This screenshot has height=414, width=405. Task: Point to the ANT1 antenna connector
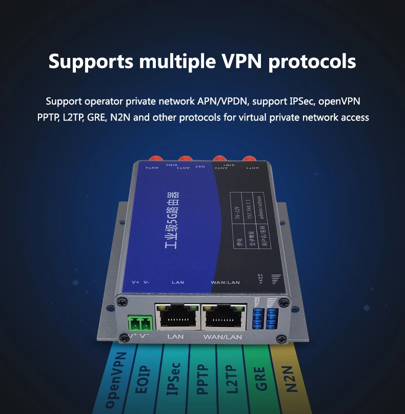coord(249,159)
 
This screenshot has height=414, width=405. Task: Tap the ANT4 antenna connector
coord(152,159)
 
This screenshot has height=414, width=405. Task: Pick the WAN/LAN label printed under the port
coord(222,337)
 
